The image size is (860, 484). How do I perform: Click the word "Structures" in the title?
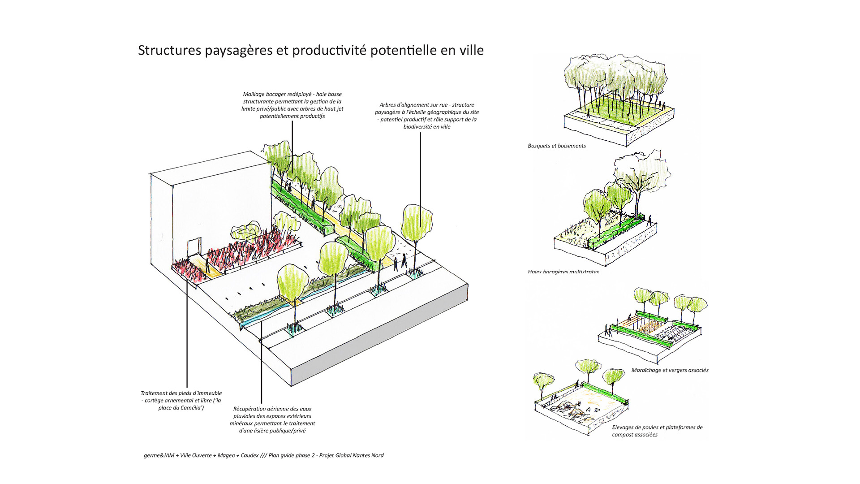(x=169, y=50)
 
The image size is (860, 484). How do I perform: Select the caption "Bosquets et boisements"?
(x=557, y=146)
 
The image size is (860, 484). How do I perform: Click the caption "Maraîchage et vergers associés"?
(x=670, y=370)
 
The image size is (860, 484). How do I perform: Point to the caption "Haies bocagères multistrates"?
(x=563, y=271)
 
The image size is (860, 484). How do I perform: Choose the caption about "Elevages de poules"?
(x=657, y=431)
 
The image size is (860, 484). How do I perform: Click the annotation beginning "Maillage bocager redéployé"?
(x=292, y=105)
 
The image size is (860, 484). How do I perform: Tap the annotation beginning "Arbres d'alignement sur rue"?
(x=427, y=116)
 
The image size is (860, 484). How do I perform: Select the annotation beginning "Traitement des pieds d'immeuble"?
(x=181, y=400)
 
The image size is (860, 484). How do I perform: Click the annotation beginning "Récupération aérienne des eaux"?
(x=272, y=419)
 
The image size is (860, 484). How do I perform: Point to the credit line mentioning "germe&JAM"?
(x=263, y=455)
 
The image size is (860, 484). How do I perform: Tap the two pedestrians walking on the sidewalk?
(x=400, y=263)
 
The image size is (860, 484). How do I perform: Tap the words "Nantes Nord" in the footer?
(x=368, y=455)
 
